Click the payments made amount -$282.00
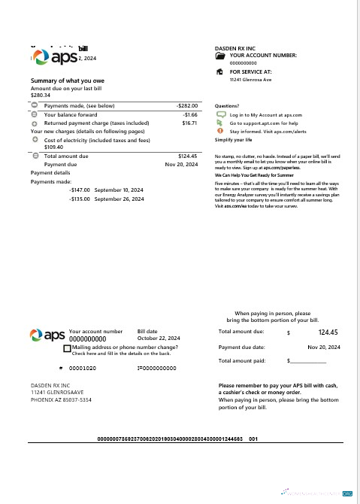[x=186, y=107]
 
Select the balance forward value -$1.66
[x=189, y=114]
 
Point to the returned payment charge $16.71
[x=189, y=122]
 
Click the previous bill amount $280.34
[x=41, y=96]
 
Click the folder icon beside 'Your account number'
[x=219, y=56]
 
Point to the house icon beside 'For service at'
[x=219, y=72]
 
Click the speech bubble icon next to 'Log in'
[x=219, y=114]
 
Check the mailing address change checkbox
[x=67, y=349]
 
